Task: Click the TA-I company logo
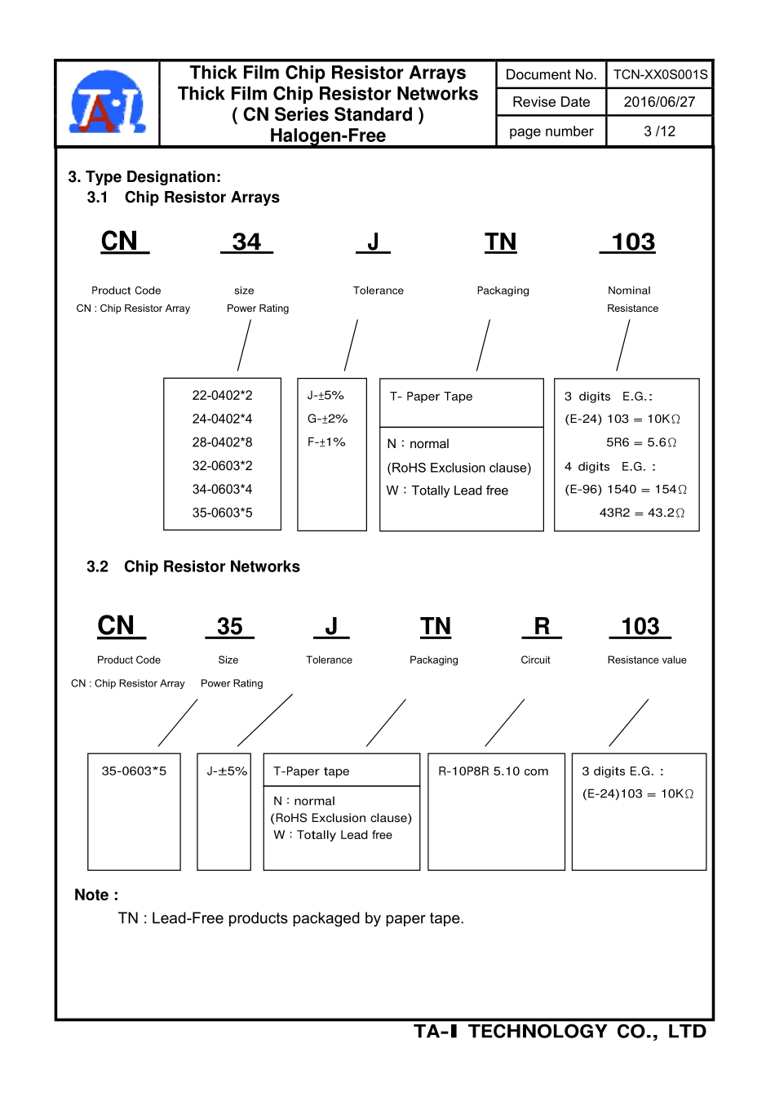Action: (108, 103)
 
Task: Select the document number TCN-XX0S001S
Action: (660, 75)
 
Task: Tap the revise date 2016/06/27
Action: (659, 102)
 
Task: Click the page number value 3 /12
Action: (659, 131)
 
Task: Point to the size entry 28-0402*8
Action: (222, 442)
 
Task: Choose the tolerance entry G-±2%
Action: (327, 419)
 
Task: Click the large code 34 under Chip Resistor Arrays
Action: (246, 242)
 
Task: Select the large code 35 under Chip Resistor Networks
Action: (230, 626)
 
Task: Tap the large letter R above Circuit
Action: (542, 626)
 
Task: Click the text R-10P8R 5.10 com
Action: (493, 771)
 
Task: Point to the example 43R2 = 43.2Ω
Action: (642, 513)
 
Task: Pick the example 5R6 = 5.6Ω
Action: (641, 442)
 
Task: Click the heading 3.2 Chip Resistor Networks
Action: (193, 566)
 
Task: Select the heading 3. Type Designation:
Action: (144, 177)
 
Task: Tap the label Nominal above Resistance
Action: (629, 291)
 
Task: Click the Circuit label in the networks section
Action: (535, 660)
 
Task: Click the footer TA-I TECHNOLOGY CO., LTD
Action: (560, 1032)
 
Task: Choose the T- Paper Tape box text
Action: (431, 397)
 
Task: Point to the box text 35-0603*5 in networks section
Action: (134, 771)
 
